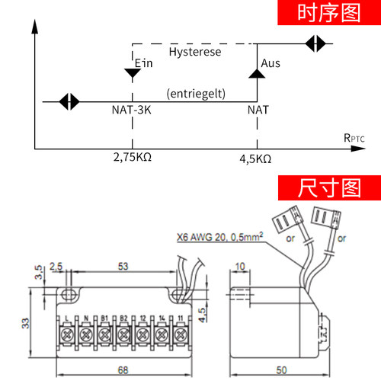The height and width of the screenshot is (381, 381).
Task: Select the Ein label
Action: (143, 63)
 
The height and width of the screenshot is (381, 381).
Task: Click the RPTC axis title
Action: (354, 138)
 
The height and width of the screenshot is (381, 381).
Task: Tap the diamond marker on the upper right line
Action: (315, 43)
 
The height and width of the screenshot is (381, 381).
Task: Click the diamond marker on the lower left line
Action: (69, 101)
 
